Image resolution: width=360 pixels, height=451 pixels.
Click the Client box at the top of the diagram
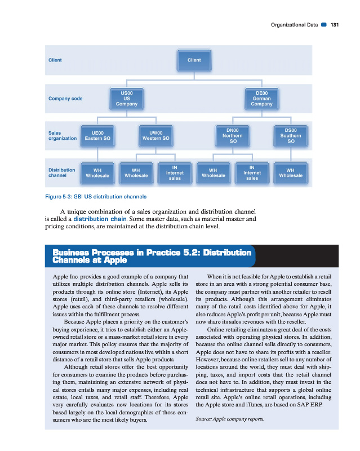(x=194, y=60)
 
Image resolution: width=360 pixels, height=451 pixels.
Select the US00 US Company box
(x=126, y=98)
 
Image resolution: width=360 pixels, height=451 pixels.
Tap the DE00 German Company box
(x=261, y=98)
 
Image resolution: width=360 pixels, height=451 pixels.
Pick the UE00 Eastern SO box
(x=97, y=135)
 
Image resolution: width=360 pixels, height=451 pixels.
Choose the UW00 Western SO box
(x=156, y=135)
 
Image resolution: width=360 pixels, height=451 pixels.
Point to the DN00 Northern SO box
(x=233, y=135)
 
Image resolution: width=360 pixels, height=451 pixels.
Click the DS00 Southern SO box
(x=291, y=135)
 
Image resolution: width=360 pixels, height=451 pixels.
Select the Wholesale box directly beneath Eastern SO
(x=97, y=173)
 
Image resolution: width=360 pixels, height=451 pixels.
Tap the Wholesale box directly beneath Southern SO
(x=291, y=173)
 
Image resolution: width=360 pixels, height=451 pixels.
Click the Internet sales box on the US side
(x=175, y=173)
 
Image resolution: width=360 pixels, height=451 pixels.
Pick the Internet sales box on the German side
(x=252, y=173)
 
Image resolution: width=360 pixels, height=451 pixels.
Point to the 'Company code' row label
(x=65, y=99)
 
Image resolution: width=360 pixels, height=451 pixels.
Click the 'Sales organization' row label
(x=62, y=135)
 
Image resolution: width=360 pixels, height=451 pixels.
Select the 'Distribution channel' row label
(x=61, y=173)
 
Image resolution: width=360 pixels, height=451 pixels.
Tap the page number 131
(x=335, y=25)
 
